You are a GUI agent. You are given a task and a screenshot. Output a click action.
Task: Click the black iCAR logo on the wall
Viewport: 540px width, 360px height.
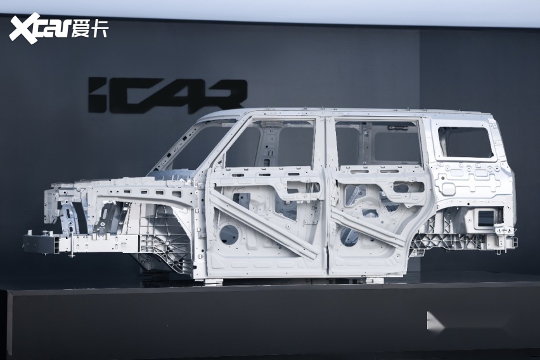click(x=168, y=96)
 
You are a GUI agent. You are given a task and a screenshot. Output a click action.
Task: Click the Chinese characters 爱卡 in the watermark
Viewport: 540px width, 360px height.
click(x=90, y=29)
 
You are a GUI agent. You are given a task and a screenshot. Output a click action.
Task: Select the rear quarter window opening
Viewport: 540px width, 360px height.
click(x=466, y=142)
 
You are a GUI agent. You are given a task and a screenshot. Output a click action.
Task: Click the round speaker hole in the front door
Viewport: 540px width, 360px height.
click(x=229, y=235)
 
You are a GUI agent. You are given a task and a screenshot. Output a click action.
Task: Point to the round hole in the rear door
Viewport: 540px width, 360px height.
click(x=349, y=236)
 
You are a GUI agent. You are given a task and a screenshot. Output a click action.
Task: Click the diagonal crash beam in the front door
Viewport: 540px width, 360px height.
click(x=264, y=225)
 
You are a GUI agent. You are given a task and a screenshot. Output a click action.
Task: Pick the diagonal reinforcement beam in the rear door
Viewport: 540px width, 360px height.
click(x=368, y=226)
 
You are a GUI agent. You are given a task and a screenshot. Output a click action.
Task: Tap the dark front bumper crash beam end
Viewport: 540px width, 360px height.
click(x=39, y=242)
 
